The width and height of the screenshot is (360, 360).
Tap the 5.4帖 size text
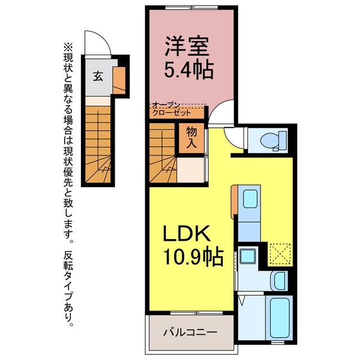click(x=189, y=70)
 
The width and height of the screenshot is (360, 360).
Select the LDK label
click(x=186, y=233)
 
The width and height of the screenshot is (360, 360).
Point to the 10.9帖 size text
click(x=193, y=256)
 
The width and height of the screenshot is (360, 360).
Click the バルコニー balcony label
click(x=190, y=332)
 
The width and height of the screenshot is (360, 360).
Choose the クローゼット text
click(x=172, y=112)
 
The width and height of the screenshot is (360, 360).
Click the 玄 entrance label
click(x=98, y=76)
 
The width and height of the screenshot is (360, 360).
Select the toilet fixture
click(x=274, y=141)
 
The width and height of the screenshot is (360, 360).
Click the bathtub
click(x=279, y=318)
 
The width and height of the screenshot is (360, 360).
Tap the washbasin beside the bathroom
click(x=280, y=281)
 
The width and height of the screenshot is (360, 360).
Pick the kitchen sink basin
click(x=250, y=199)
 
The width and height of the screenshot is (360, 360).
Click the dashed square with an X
click(x=280, y=254)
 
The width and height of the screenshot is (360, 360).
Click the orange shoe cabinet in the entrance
click(x=119, y=80)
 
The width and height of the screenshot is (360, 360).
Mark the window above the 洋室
click(x=191, y=7)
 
